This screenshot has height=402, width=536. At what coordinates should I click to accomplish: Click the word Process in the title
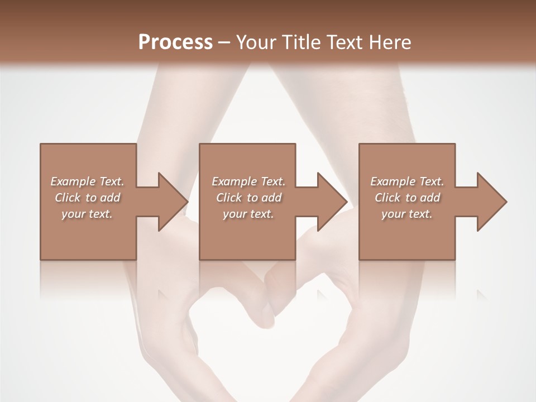175,42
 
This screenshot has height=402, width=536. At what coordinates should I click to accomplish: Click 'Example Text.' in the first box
87,181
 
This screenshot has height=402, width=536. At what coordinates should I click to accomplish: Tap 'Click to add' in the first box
87,198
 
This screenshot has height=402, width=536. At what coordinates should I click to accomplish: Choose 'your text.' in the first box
87,214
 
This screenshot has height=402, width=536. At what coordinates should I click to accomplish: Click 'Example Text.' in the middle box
248,181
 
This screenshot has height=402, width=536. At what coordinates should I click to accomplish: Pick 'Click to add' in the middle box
248,198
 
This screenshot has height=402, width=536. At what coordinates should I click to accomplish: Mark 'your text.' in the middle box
248,214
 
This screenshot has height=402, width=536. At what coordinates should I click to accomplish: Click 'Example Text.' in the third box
407,181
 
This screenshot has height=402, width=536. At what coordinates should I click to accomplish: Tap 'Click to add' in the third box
407,198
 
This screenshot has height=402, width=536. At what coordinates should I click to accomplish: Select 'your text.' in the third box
407,214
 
